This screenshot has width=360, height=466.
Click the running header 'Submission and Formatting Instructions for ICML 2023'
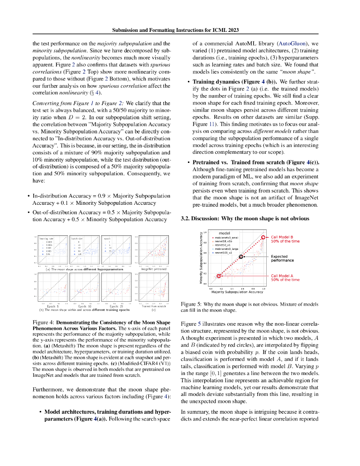[x=180, y=30]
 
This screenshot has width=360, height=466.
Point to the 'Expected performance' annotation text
[x=282, y=258]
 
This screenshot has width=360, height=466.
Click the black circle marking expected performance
[x=241, y=257]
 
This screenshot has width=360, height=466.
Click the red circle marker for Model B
[x=263, y=237]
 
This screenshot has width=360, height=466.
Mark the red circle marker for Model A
[x=219, y=276]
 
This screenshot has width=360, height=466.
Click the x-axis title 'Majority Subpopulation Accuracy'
[x=237, y=292]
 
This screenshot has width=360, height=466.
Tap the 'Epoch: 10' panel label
[x=83, y=306]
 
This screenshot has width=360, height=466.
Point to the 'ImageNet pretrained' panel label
[x=154, y=269]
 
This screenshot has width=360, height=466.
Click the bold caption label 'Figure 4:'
[x=43, y=322]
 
